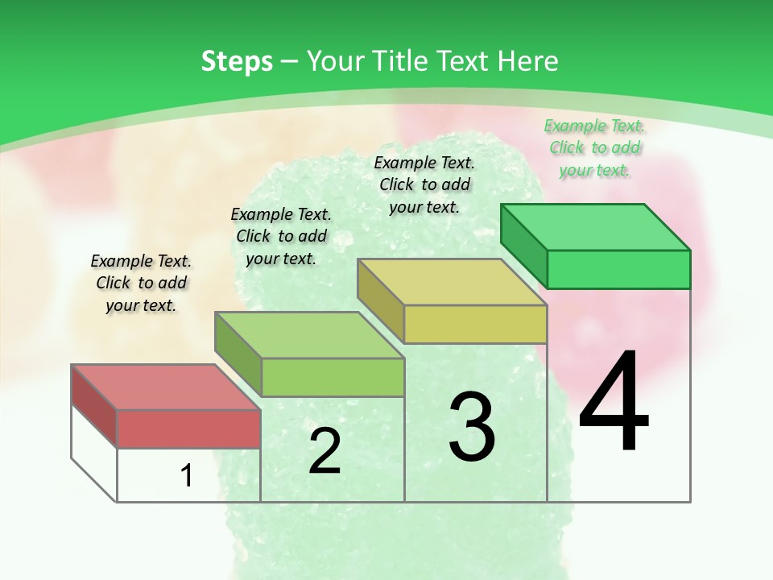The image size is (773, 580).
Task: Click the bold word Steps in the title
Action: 237,61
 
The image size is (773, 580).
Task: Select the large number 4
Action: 614,404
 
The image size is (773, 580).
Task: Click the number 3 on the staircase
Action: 471,427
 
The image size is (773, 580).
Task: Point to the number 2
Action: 324,452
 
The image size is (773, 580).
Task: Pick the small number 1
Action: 187,475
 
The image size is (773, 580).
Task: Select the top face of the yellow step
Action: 452,282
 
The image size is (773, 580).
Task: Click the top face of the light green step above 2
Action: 309,335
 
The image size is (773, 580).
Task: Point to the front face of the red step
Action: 188,429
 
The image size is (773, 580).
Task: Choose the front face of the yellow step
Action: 475,324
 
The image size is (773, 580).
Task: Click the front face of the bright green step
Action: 618,269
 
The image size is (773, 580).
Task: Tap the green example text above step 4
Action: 594,148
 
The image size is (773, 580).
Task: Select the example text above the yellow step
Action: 424,185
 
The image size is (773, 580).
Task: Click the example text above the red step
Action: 141,283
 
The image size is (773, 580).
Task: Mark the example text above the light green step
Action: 281,236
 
